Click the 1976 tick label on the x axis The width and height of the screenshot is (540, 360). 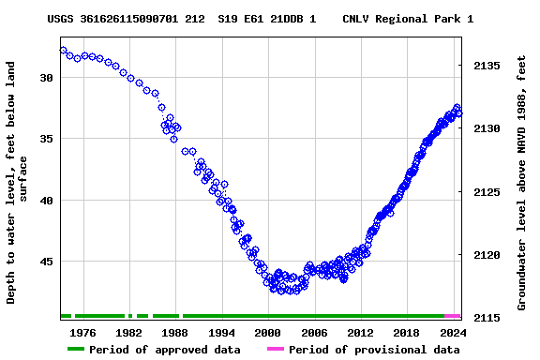tap(82, 332)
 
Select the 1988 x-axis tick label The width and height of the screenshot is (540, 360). tap(175, 332)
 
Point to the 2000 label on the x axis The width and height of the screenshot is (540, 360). tap(267, 332)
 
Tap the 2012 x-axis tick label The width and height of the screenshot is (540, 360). tap(360, 332)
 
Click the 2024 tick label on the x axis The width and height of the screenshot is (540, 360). tap(452, 332)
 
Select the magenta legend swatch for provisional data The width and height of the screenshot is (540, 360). tap(275, 350)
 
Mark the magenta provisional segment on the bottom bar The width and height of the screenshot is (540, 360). tap(453, 317)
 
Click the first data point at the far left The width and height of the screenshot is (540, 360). tap(63, 50)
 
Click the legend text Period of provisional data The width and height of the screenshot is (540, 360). tap(374, 350)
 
